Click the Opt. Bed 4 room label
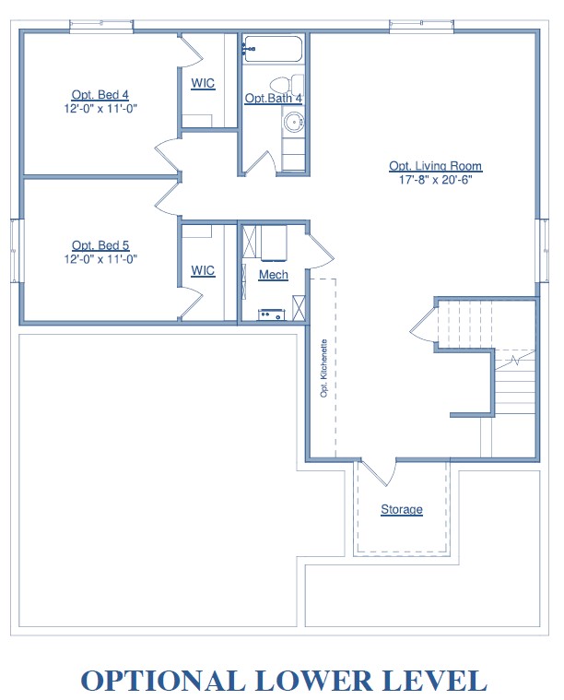(100, 95)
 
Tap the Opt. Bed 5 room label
(100, 245)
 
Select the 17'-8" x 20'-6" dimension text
(435, 180)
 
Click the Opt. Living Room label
(435, 166)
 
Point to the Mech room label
(273, 274)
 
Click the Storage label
(402, 509)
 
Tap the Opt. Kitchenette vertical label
(324, 368)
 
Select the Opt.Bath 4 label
(273, 98)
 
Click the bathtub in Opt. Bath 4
(273, 49)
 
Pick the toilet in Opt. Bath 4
(287, 85)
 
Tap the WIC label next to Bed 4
(203, 83)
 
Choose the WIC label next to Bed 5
(203, 270)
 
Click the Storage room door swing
(379, 472)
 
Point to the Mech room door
(320, 250)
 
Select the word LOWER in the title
(312, 680)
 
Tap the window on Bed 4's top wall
(101, 26)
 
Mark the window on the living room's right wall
(542, 251)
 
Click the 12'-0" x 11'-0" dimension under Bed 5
(100, 259)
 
